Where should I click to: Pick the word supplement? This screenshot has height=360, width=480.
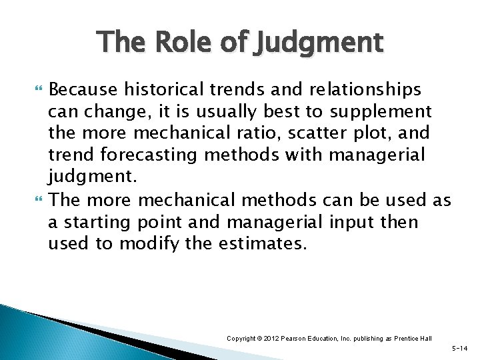385,111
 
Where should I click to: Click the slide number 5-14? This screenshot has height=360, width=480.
460,349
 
